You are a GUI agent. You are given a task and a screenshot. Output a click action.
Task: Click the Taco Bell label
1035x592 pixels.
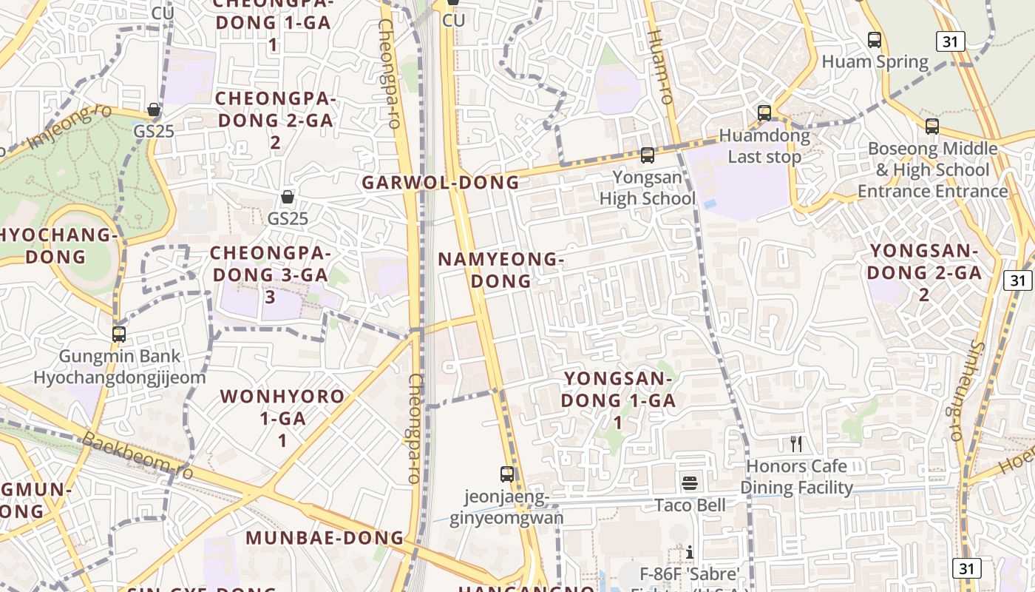pos(690,505)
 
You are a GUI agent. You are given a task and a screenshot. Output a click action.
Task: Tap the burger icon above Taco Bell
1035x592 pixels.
pos(690,483)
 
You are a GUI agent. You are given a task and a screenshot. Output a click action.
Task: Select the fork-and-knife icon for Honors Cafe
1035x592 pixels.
pos(796,444)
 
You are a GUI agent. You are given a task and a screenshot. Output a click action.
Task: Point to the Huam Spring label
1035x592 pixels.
pos(875,61)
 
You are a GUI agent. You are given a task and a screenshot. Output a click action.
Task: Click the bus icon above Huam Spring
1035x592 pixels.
pos(875,40)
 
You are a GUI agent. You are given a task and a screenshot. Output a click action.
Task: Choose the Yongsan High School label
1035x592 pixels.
pos(648,188)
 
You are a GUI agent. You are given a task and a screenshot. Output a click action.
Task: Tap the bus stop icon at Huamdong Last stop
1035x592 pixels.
pos(764,113)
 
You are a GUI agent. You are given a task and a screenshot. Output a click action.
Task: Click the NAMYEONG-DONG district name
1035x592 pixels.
pos(501,270)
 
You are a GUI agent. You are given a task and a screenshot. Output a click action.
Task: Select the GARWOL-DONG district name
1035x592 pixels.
pos(441,183)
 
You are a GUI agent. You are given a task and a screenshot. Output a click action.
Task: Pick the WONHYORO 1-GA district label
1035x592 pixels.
pos(282,417)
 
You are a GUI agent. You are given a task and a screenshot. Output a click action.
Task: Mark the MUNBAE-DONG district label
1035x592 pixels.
pos(325,538)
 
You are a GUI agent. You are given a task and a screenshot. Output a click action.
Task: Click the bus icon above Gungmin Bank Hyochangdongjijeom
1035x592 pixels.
pos(119,334)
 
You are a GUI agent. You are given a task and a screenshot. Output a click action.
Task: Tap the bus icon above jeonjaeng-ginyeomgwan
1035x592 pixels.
pos(507,474)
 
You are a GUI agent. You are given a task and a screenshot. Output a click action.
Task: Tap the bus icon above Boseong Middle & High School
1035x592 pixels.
pos(932,127)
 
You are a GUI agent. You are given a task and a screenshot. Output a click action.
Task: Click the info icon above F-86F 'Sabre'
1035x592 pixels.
pos(690,552)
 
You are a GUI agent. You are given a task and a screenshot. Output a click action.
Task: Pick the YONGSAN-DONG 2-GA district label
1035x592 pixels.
pos(924,272)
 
